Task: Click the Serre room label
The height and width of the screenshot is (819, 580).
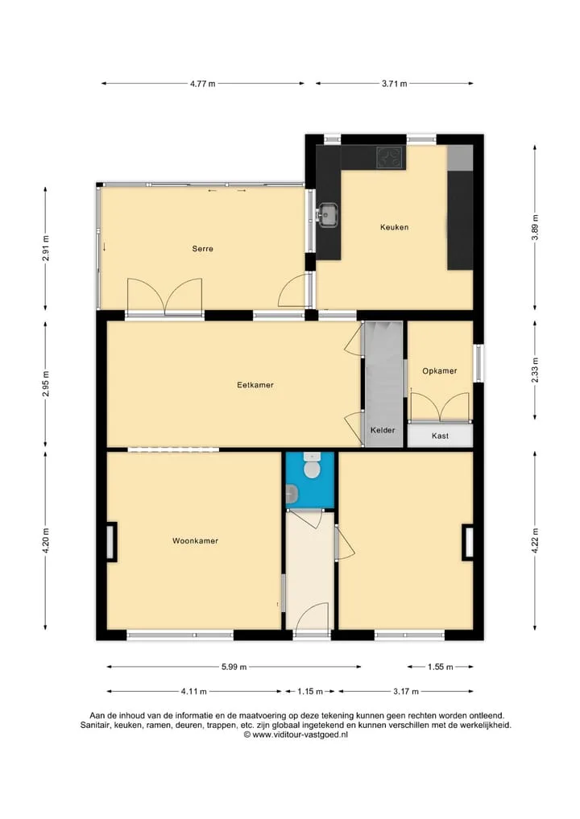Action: click(203, 249)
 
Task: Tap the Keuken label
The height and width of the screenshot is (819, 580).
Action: click(394, 227)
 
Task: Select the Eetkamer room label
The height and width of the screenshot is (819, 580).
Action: click(255, 385)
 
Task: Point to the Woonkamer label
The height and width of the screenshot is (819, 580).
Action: click(196, 540)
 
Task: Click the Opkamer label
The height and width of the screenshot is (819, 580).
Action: click(440, 371)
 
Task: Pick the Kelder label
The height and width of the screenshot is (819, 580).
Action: click(383, 430)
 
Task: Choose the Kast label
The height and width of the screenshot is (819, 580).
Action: click(440, 436)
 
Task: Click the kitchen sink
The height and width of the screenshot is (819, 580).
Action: click(328, 215)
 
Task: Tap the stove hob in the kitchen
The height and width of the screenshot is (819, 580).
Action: click(390, 157)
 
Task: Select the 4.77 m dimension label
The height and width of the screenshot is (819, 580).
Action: click(203, 84)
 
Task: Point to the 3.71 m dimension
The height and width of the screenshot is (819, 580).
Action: click(395, 84)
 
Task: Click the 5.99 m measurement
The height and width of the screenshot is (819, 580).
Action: click(234, 667)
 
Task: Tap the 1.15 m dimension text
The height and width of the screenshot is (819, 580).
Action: click(310, 692)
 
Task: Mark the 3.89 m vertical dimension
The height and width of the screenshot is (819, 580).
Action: click(535, 227)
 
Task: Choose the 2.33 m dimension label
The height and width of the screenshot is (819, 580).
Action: click(535, 370)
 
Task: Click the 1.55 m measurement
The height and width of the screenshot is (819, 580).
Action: click(441, 667)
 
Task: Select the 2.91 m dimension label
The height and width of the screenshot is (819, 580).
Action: click(45, 249)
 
